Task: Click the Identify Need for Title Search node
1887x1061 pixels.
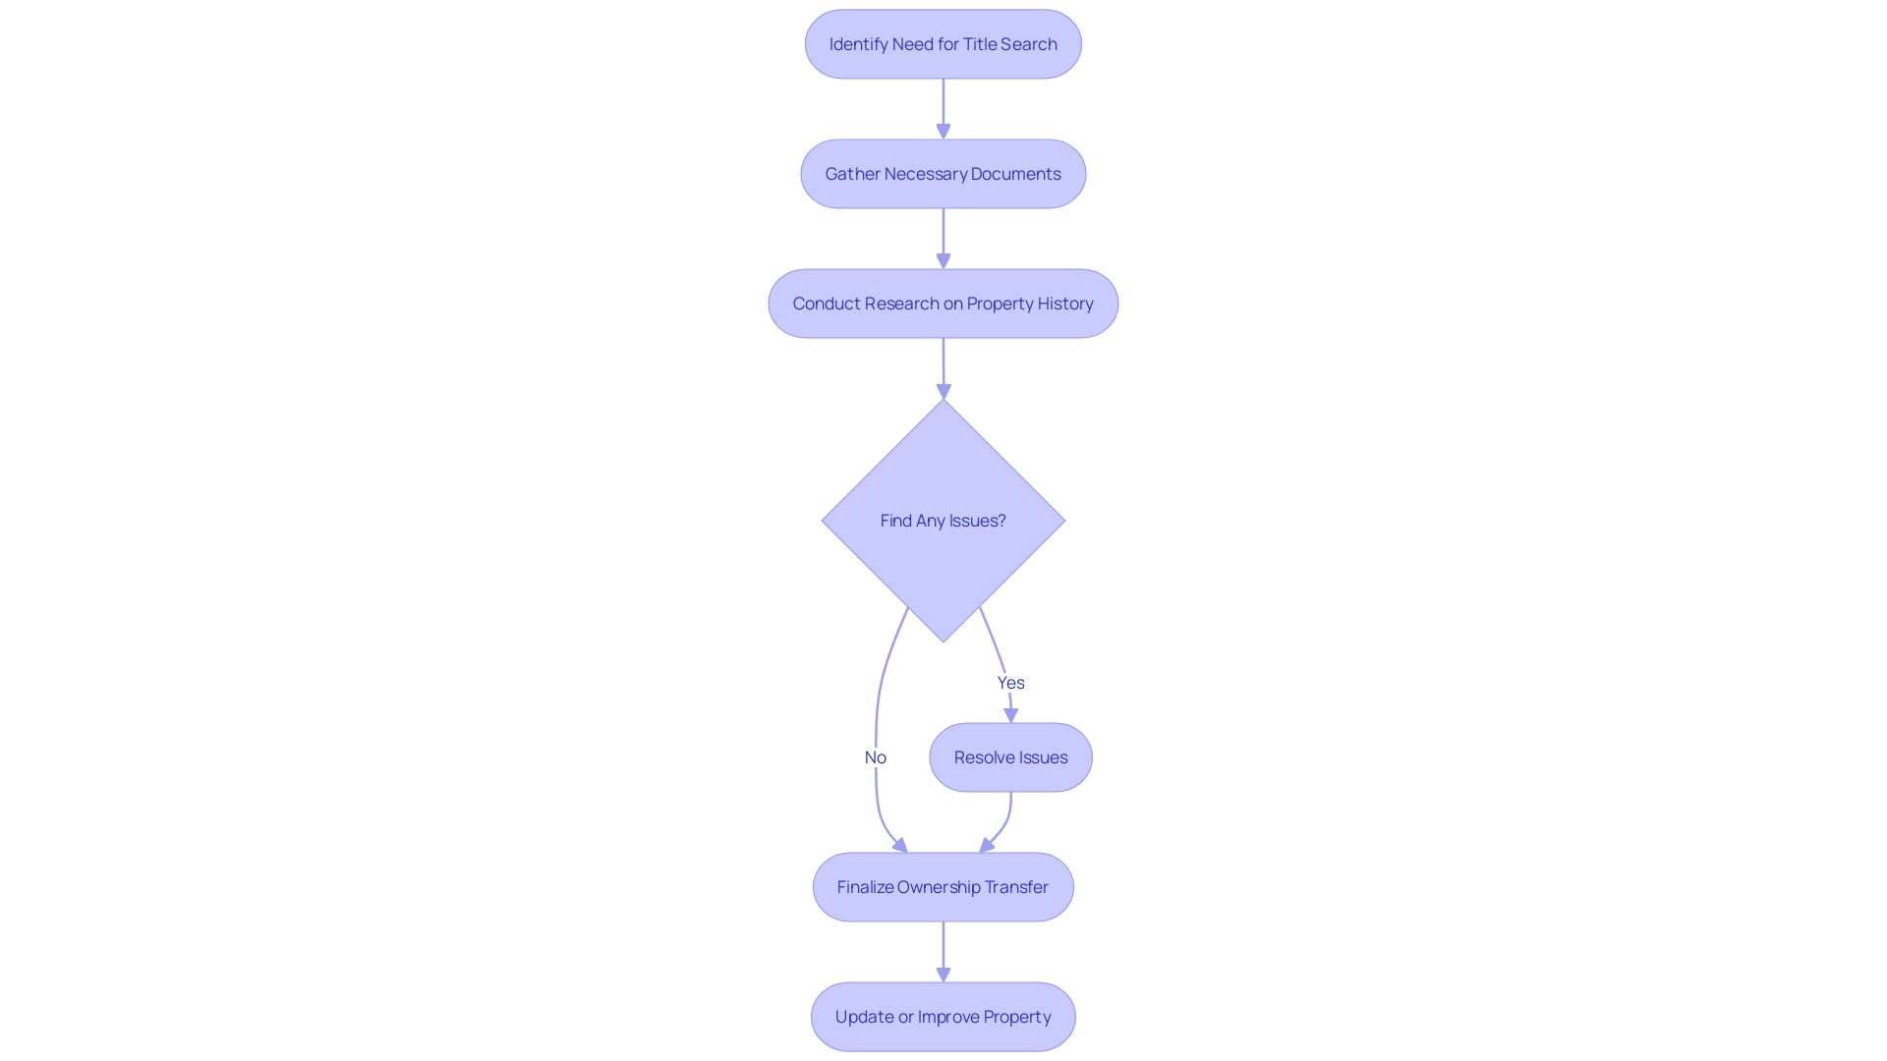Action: coord(943,44)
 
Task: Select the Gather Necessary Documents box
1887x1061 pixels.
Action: coord(943,174)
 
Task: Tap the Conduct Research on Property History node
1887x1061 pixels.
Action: coord(943,304)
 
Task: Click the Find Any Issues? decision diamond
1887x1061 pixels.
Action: coord(943,521)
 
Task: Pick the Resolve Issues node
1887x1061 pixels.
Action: coord(1010,757)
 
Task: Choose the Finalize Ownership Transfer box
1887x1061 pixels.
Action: coord(943,887)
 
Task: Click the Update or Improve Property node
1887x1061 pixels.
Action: coord(943,1017)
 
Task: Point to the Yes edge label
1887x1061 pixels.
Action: coord(1010,683)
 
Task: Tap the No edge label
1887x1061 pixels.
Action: coord(875,757)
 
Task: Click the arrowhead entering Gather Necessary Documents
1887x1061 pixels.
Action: coord(943,131)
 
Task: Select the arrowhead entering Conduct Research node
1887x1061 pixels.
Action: coord(943,260)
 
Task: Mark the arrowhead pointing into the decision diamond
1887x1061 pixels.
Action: coord(943,391)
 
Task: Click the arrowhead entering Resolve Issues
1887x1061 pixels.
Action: coord(1010,715)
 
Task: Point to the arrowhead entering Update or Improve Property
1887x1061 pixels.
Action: coord(943,974)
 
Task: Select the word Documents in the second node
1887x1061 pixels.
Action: coord(1015,174)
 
